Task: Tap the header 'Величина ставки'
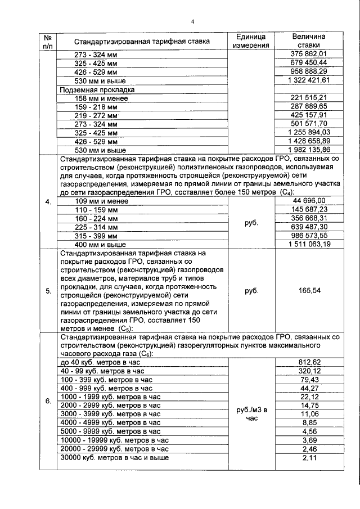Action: tap(308, 41)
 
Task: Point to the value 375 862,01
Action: tap(308, 54)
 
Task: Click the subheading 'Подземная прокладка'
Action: tap(97, 90)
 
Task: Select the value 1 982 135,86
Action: tap(308, 150)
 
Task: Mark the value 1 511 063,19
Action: tap(308, 245)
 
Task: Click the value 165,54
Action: tap(308, 291)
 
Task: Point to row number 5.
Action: tap(48, 291)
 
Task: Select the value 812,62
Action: tap(308, 362)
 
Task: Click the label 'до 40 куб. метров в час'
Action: tap(94, 362)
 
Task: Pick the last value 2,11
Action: tap(308, 458)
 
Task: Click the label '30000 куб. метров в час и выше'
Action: tap(114, 458)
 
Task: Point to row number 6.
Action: tap(48, 400)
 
